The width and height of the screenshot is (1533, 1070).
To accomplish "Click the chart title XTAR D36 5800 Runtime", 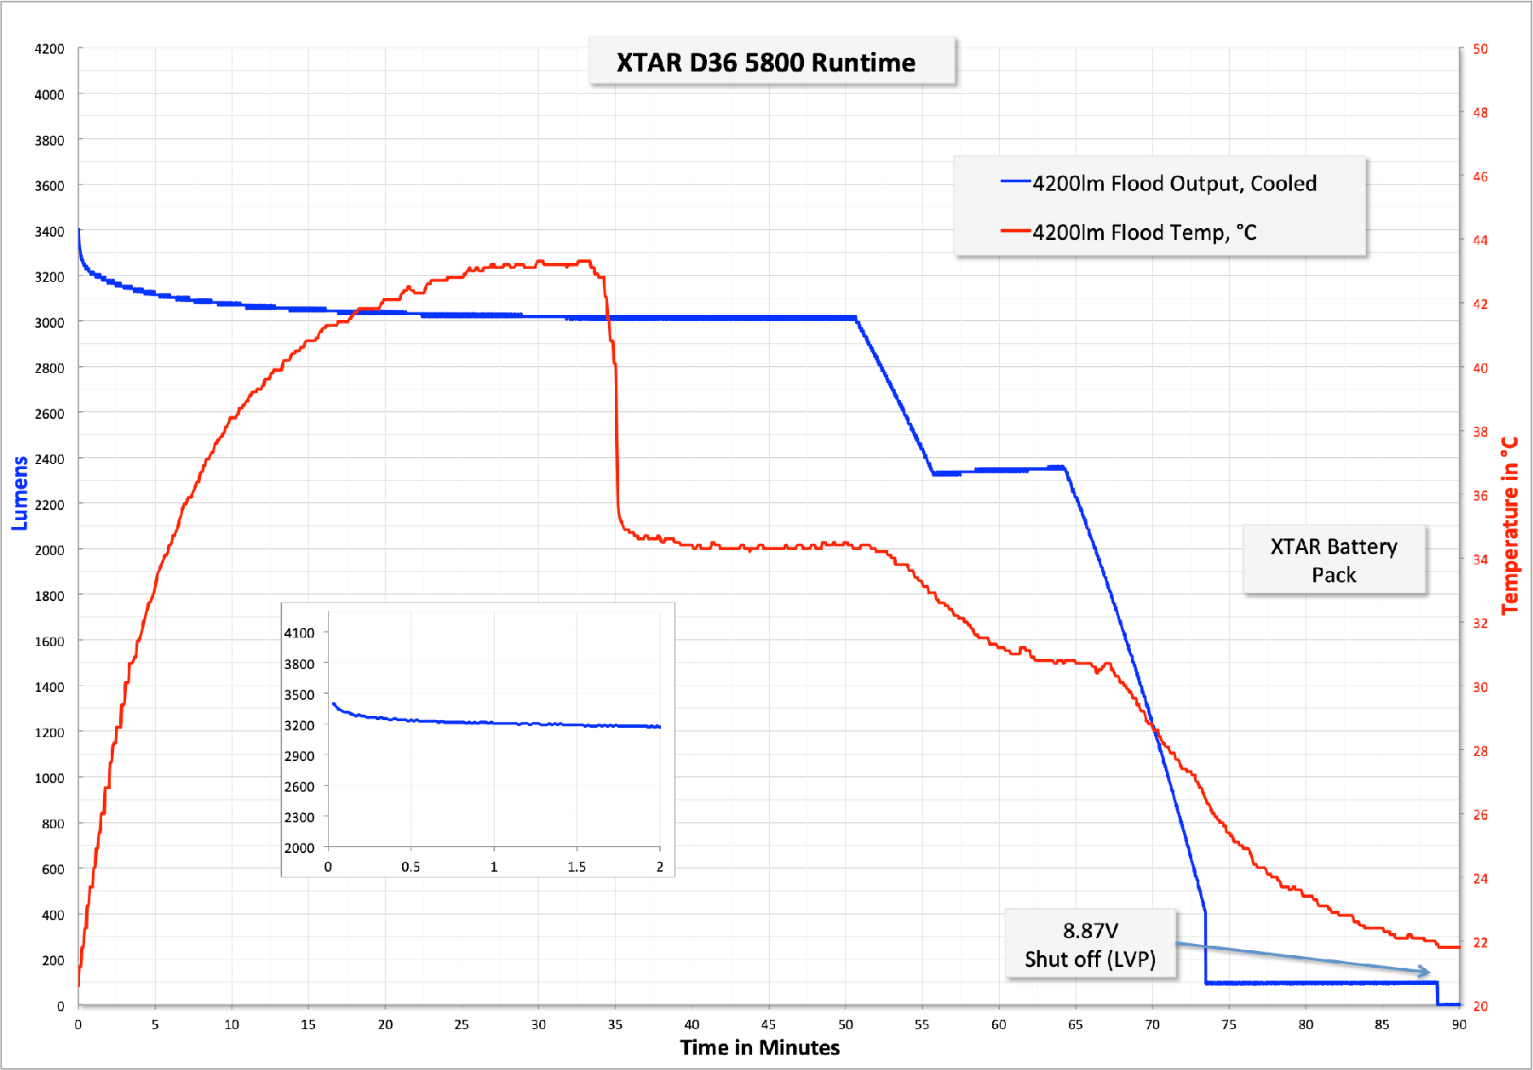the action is pos(766,62).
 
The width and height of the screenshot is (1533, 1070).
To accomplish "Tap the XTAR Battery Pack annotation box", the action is pos(1334,560).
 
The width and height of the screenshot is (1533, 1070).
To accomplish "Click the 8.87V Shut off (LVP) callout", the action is pos(1090,944).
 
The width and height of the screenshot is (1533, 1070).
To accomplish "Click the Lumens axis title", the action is pos(20,493).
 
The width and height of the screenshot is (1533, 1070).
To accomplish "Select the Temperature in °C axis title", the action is pos(1510,525).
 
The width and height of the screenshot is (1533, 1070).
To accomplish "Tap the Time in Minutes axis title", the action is pos(760,1047).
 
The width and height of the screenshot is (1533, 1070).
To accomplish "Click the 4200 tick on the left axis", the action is pos(49,49).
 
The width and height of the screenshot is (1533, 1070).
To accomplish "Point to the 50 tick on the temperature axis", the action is pos(1480,49).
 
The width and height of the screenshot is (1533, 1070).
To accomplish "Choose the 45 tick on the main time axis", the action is pos(768,1024).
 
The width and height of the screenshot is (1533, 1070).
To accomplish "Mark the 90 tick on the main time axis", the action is pos(1459,1024).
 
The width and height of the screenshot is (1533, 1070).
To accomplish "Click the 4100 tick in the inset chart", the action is pos(299,632).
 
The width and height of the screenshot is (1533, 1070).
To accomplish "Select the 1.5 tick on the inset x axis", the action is pos(577,867).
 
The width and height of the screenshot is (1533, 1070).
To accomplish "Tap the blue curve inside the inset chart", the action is pos(494,723).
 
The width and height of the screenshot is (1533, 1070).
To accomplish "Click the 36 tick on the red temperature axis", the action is pos(1480,495).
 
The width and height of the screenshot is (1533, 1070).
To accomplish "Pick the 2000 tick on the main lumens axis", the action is pos(49,550).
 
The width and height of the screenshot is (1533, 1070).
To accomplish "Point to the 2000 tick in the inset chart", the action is pos(299,848).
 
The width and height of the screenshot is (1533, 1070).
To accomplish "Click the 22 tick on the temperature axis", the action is pos(1480,942).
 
